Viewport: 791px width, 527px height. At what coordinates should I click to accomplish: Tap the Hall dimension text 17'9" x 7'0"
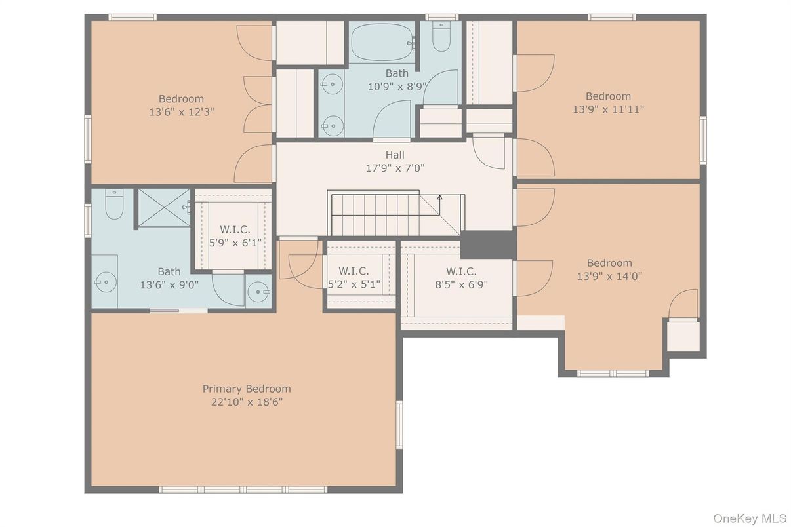[x=395, y=168]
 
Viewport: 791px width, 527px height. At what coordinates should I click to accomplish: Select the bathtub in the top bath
[x=383, y=43]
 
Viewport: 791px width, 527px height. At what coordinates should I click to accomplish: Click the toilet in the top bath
[x=441, y=36]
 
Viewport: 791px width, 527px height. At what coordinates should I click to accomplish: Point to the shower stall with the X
[x=164, y=208]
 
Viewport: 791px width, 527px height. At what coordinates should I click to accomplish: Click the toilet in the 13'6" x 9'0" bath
[x=114, y=204]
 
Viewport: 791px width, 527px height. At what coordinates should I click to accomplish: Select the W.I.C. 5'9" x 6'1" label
[x=235, y=236]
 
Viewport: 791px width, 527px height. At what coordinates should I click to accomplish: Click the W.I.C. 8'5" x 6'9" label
[x=462, y=278]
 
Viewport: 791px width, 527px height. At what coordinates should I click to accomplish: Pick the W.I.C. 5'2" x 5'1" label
[x=354, y=277]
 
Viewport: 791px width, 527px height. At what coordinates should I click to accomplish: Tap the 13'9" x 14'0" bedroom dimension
[x=609, y=276]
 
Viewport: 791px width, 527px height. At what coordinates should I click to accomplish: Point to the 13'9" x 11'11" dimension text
[x=609, y=109]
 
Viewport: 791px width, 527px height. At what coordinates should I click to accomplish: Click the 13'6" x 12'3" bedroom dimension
[x=182, y=112]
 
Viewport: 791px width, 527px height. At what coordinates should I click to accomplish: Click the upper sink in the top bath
[x=332, y=84]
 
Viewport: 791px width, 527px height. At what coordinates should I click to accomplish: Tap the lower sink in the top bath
[x=333, y=126]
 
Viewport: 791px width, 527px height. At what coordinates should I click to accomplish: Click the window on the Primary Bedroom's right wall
[x=399, y=425]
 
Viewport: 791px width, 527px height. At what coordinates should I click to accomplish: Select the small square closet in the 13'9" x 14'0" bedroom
[x=683, y=336]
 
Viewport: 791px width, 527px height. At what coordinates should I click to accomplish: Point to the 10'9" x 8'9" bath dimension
[x=397, y=87]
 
